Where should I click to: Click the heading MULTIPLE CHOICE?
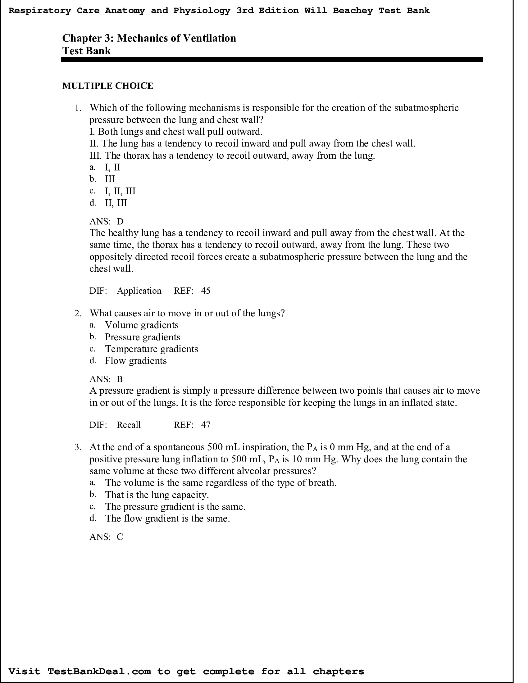click(x=107, y=86)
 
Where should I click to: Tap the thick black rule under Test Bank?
click(x=271, y=59)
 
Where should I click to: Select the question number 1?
click(x=78, y=108)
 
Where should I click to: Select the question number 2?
click(x=78, y=313)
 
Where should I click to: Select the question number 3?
click(x=78, y=447)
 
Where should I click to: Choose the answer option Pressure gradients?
click(x=142, y=337)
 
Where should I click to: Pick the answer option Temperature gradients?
click(x=151, y=349)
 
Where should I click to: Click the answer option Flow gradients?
click(x=135, y=361)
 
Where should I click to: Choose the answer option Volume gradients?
click(x=141, y=325)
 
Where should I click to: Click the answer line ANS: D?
click(x=106, y=221)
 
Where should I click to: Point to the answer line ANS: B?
click(x=106, y=379)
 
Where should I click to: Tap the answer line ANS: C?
click(x=106, y=537)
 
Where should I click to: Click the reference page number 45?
click(x=206, y=291)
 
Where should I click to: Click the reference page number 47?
click(x=206, y=425)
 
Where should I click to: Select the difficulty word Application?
click(x=139, y=291)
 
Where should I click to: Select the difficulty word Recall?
click(x=128, y=425)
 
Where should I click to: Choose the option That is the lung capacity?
click(x=157, y=495)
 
